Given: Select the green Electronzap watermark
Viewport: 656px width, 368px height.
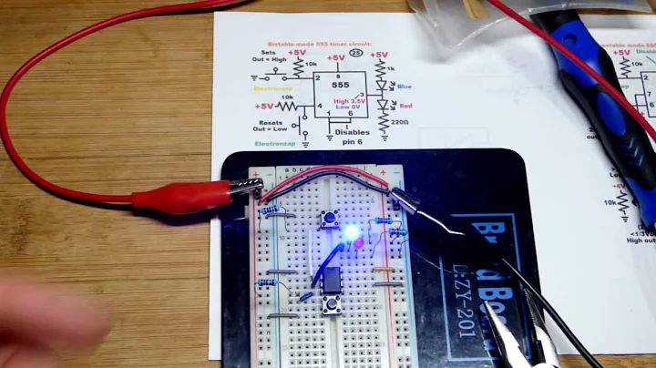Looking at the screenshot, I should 273,144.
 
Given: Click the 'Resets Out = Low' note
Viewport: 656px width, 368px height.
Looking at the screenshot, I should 271,126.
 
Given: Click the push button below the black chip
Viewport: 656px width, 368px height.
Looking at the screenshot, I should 333,305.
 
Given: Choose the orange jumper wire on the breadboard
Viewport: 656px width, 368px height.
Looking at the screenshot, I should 384,270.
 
